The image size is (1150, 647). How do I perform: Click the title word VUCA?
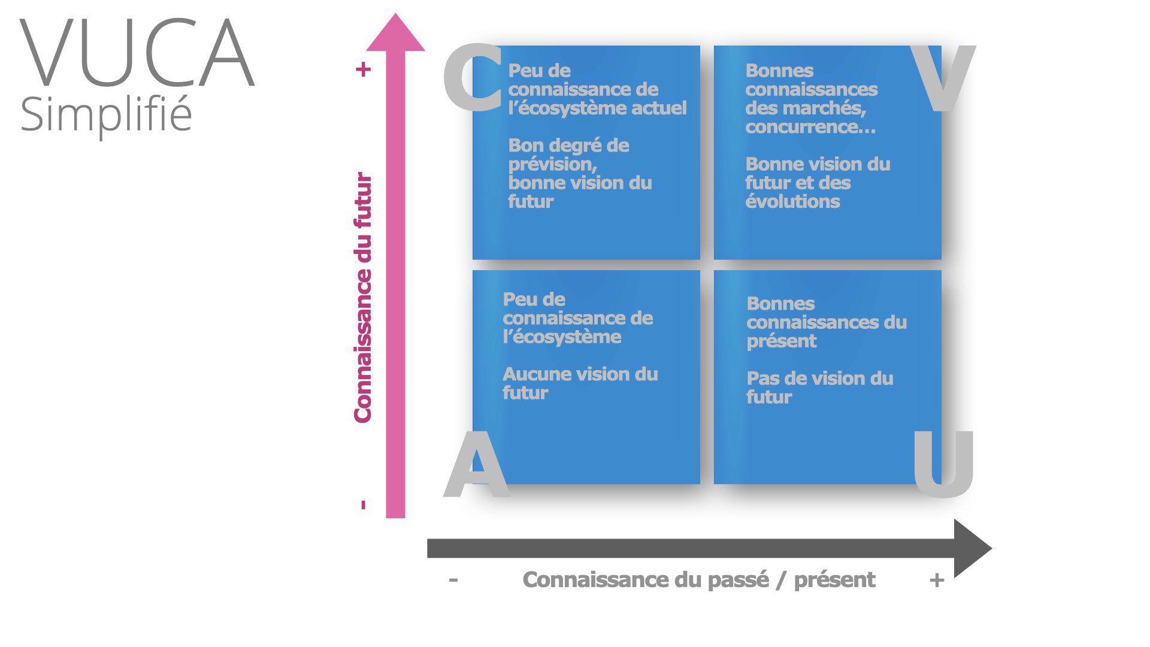138,53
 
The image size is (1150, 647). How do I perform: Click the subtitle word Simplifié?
106,115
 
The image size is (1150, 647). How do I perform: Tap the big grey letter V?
942,78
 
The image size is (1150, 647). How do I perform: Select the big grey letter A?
477,464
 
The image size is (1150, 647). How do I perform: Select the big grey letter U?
943,464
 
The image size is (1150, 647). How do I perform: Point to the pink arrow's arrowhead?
395,33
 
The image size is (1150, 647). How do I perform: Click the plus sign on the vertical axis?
363,69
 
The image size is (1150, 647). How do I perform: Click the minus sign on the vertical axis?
363,505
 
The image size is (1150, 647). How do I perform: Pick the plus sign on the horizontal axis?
937,580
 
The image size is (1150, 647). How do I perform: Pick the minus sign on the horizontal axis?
453,580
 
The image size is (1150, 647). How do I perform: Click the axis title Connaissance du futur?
363,298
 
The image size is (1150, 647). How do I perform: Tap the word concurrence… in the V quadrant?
810,127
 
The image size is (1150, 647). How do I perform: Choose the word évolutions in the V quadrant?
792,201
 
